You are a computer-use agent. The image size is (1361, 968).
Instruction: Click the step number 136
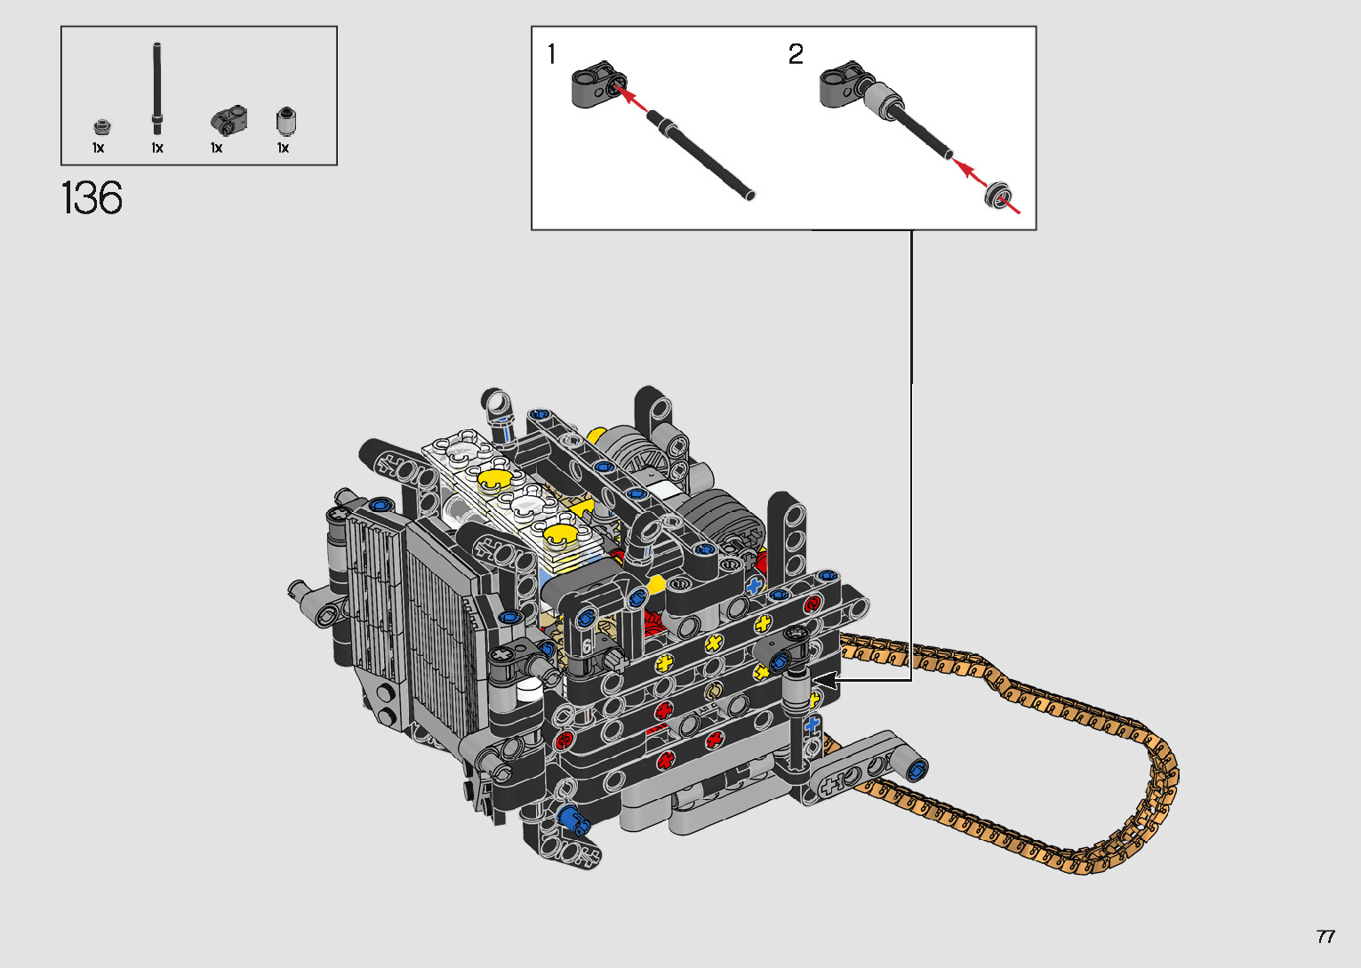click(92, 197)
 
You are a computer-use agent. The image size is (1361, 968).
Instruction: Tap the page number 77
click(1325, 936)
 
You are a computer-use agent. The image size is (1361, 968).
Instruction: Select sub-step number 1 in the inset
click(552, 54)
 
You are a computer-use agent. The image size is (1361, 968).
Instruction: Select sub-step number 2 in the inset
click(796, 54)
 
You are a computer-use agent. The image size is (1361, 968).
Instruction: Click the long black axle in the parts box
click(156, 89)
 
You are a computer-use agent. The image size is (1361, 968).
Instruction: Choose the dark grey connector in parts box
click(229, 120)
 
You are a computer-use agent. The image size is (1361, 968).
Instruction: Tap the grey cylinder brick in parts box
click(285, 121)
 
